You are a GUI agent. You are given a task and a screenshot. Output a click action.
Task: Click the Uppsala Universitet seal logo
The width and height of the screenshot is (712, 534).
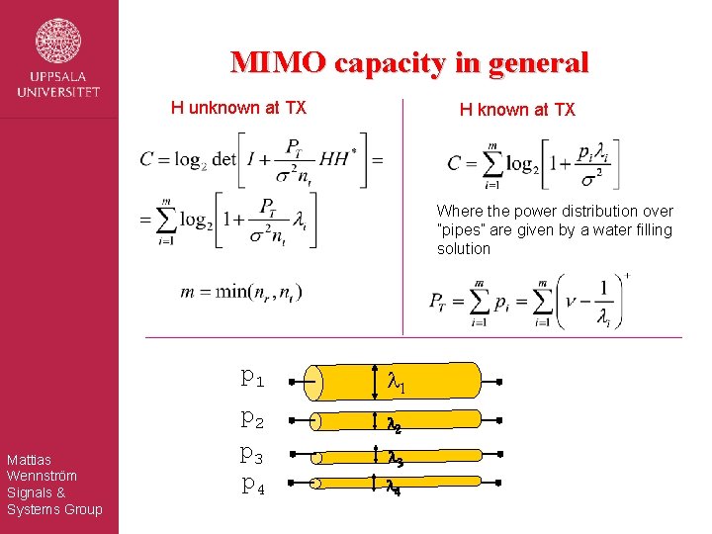[58, 41]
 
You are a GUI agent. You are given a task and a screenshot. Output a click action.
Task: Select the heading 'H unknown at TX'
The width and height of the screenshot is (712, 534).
[238, 108]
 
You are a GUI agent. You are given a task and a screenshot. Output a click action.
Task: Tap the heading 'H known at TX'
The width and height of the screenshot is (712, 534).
[516, 110]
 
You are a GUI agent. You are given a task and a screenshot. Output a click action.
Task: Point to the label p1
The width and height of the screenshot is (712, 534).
[252, 377]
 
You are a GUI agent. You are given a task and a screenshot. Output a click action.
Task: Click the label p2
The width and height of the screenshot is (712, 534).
[252, 420]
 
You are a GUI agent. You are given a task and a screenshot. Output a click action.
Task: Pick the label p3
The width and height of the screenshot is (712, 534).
[252, 455]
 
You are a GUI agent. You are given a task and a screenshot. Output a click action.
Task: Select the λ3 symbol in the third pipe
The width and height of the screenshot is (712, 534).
[394, 458]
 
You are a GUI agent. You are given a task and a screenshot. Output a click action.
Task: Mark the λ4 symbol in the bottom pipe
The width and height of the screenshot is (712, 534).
[393, 486]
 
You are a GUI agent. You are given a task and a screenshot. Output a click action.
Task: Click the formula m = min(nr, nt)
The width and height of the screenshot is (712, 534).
[241, 293]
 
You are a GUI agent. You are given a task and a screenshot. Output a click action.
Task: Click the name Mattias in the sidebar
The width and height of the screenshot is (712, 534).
[29, 459]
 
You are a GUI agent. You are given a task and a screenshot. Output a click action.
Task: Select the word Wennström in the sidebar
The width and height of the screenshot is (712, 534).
[42, 476]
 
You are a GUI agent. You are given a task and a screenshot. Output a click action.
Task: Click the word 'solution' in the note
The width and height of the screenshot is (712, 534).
[464, 249]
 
